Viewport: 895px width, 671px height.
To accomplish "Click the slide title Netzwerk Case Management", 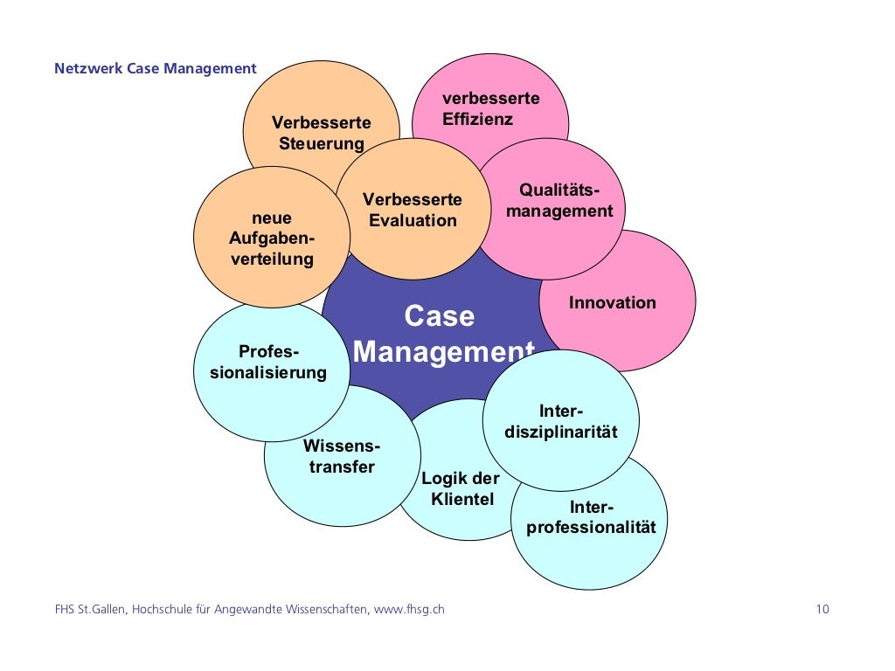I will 156,68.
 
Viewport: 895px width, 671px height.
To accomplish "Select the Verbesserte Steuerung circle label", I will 321,133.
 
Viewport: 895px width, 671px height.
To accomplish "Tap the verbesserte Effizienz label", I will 490,108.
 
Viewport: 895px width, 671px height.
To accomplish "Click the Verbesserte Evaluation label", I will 413,210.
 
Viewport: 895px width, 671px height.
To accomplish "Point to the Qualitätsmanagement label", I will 559,200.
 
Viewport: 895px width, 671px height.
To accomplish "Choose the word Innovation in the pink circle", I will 612,303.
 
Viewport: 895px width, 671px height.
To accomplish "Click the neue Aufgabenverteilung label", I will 272,239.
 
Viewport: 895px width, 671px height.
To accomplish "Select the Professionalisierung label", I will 268,363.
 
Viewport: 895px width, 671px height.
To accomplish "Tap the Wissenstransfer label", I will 341,456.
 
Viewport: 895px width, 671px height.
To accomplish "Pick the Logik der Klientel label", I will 461,488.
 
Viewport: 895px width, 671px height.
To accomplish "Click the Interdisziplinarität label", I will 560,421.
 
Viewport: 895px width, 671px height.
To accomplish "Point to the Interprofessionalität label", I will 591,517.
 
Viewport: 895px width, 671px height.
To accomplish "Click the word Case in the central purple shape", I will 439,315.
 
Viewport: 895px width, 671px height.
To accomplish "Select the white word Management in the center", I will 443,352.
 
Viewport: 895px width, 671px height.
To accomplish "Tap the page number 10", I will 822,610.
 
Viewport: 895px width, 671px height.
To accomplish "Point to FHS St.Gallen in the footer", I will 90,610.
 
